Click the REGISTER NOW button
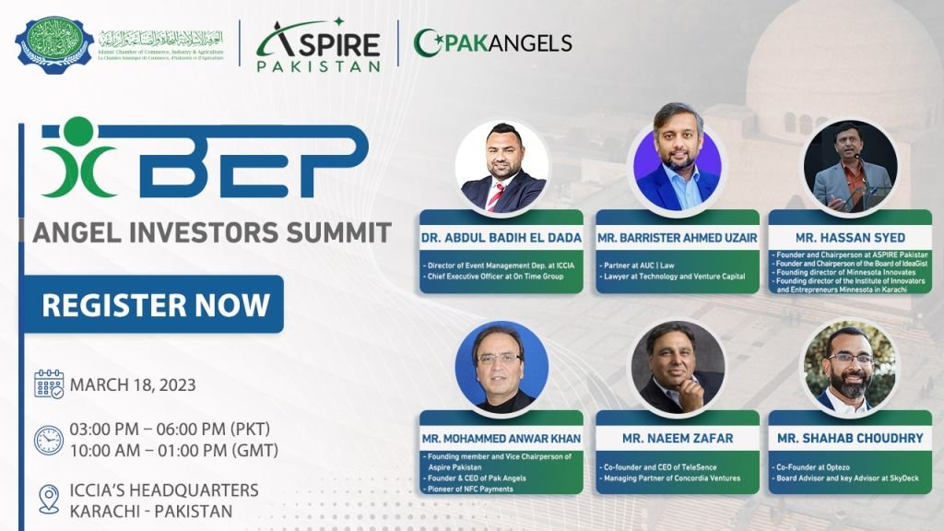point(155,305)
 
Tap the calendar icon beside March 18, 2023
point(49,383)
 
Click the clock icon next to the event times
point(49,439)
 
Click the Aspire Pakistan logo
point(318,43)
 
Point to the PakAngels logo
point(493,42)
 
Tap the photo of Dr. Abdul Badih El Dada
point(501,167)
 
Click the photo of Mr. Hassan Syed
point(850,166)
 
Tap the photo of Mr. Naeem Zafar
point(678,367)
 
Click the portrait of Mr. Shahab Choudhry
point(849,367)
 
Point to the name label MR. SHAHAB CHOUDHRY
point(850,438)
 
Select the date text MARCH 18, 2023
point(133,384)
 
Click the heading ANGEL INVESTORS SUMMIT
point(212,232)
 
